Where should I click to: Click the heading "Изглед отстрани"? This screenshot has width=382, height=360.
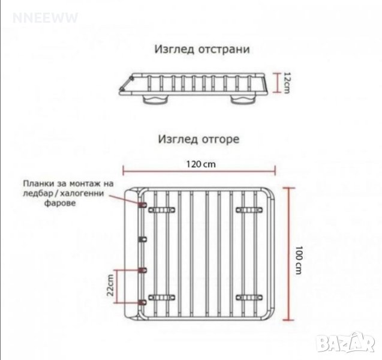tap(202, 49)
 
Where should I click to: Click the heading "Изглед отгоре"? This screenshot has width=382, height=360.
tap(199, 139)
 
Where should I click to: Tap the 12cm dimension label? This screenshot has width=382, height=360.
tap(287, 83)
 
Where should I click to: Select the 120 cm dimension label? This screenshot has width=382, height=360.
tap(201, 164)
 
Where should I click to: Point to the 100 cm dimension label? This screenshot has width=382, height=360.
tap(299, 260)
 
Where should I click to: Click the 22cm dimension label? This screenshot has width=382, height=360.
tap(110, 285)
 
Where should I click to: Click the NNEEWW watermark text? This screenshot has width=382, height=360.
tap(45, 18)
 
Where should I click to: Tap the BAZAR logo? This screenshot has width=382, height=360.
tap(347, 342)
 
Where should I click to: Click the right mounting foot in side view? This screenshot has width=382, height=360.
tap(243, 100)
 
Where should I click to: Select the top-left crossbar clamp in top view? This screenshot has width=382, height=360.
tap(162, 209)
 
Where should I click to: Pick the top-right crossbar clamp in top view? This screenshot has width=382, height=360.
tap(249, 209)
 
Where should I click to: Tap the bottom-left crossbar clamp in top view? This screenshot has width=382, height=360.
tap(162, 298)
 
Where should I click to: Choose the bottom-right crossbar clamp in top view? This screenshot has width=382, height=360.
tap(249, 298)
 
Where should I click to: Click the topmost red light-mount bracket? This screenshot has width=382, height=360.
tap(143, 205)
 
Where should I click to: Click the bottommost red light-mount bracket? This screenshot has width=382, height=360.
tap(143, 302)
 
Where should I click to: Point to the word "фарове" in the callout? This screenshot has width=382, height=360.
tap(60, 203)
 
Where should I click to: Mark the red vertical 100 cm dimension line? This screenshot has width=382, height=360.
tap(289, 254)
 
